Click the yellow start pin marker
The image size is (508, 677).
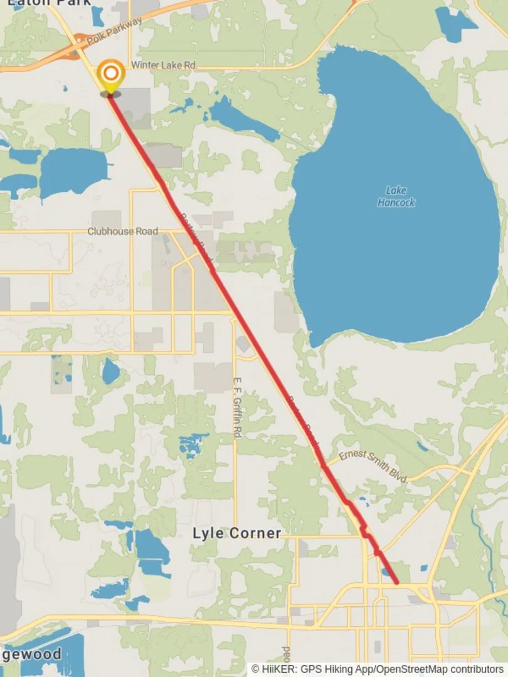(x=111, y=76)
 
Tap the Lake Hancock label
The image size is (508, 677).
(x=396, y=196)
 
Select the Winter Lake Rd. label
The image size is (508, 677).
(x=164, y=65)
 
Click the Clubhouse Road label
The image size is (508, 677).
(x=123, y=231)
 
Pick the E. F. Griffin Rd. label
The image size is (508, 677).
(x=238, y=407)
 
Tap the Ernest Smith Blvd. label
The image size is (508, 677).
(x=374, y=466)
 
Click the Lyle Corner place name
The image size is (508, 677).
(x=236, y=533)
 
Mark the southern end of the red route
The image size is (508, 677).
(x=397, y=583)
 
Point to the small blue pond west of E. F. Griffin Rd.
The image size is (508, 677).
(x=111, y=372)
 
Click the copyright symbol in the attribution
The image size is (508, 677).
(x=255, y=669)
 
